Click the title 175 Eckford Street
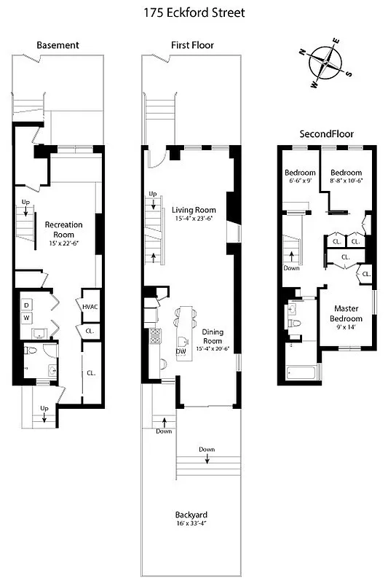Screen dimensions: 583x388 coord(194,12)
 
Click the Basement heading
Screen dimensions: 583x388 coord(58,45)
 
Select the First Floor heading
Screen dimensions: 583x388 coord(192,45)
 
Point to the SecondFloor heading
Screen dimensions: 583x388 coord(327,134)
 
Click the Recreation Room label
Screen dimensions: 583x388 coord(63,229)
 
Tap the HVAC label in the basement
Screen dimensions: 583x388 coord(90,307)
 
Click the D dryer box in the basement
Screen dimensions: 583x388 coord(27,304)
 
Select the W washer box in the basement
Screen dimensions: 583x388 coord(27,318)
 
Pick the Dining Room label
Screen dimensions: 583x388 coord(212,336)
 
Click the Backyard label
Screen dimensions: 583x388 coord(192,514)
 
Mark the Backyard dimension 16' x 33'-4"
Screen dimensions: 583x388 coord(192,524)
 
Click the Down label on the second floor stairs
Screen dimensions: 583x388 coord(291,267)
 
